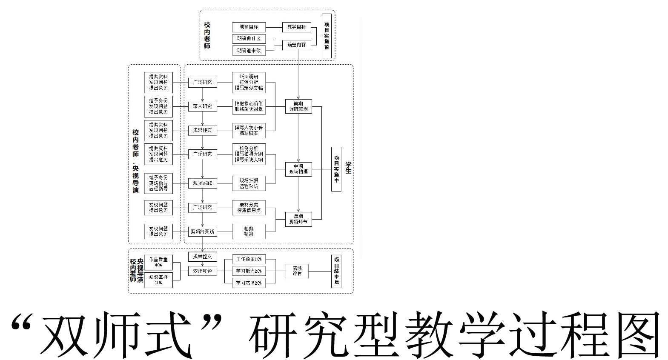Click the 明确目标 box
coord(249,27)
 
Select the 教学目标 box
coord(296,27)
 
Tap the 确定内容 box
coord(296,44)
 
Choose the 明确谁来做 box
coord(249,50)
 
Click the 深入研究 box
coord(202,106)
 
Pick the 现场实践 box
coord(202,183)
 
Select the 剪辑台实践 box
coord(203,232)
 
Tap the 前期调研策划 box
coord(298,106)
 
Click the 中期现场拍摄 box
coord(298,169)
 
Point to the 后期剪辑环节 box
coord(298,219)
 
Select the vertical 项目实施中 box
coord(336,169)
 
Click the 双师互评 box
coord(203,271)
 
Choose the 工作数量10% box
coord(249,259)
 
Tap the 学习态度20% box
coord(249,283)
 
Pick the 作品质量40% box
coord(158,262)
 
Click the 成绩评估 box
coord(297,271)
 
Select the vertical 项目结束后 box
coord(336,271)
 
